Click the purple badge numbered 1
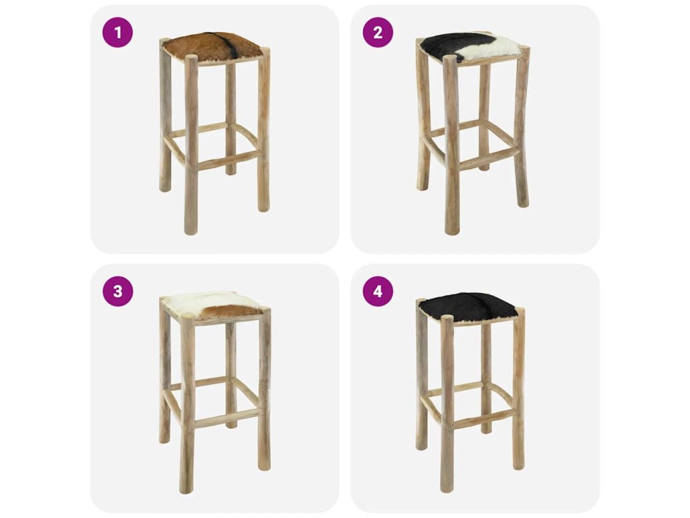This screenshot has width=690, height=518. point(117,32)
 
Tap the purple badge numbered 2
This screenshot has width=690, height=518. point(378,32)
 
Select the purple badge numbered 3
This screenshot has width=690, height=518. point(117,291)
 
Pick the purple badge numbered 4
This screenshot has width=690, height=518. point(378,291)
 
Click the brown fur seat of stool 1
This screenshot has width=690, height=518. point(214,47)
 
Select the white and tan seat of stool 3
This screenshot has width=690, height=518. point(214,306)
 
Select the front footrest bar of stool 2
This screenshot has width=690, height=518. point(489,159)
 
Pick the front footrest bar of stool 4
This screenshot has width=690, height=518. point(483,417)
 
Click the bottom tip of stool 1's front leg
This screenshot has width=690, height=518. point(191,233)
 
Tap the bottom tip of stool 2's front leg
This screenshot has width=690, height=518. point(452,233)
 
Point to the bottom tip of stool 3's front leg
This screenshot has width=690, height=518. point(186,492)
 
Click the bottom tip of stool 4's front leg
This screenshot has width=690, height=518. point(447,490)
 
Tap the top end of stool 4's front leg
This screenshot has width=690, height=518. point(447,317)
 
